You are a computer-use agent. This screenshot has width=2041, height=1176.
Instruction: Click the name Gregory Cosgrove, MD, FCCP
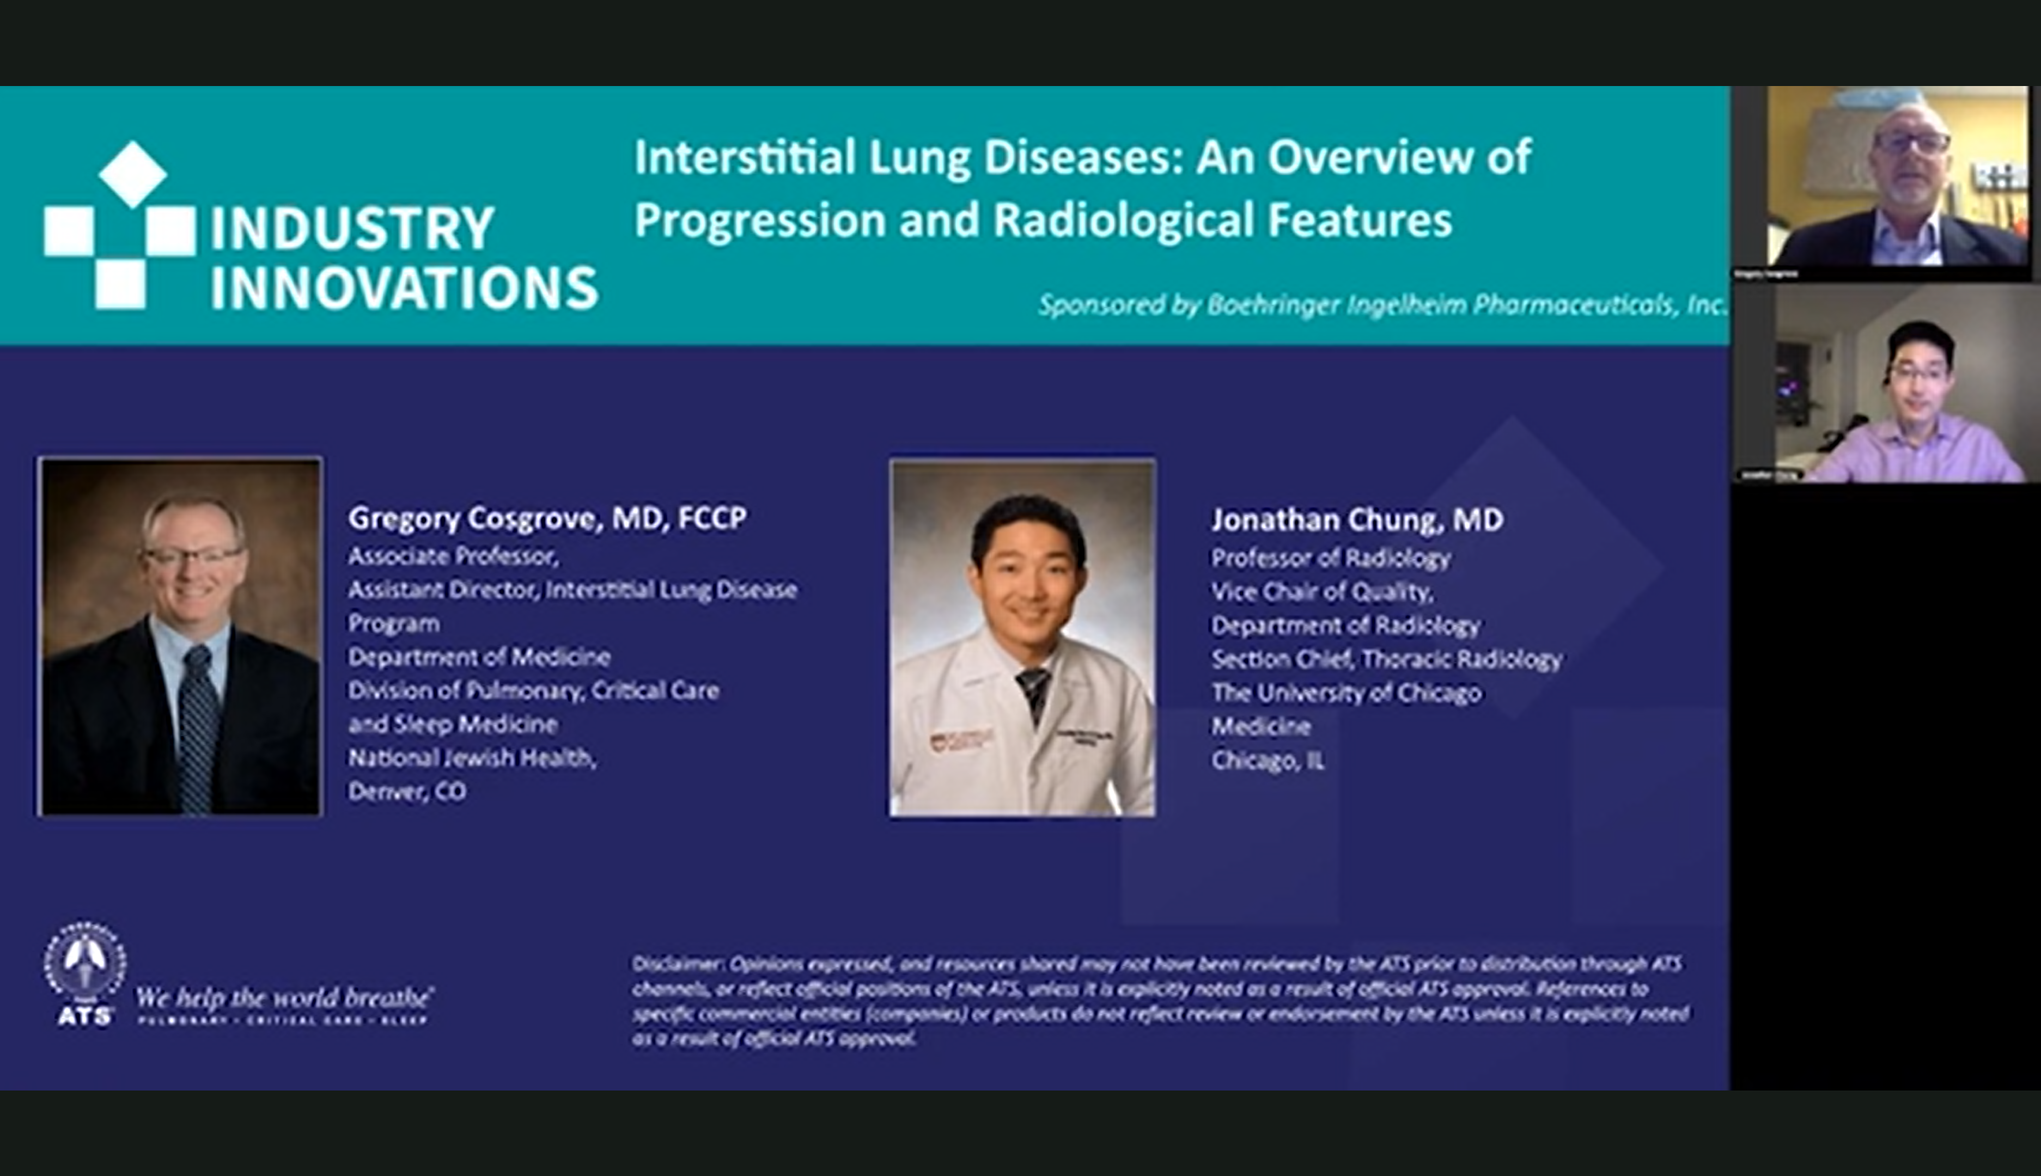point(547,518)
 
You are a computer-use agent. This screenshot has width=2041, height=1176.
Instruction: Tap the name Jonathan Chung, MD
point(1357,519)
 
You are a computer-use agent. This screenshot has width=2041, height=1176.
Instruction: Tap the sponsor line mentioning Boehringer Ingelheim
point(1382,305)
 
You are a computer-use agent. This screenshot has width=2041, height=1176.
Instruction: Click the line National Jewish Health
point(472,758)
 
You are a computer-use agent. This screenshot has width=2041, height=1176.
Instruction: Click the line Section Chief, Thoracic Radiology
point(1386,659)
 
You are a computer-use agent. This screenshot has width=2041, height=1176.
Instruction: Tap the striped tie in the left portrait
point(198,727)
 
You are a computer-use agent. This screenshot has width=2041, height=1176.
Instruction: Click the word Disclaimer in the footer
point(677,964)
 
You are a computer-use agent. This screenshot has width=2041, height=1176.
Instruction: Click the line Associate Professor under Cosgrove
point(453,556)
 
